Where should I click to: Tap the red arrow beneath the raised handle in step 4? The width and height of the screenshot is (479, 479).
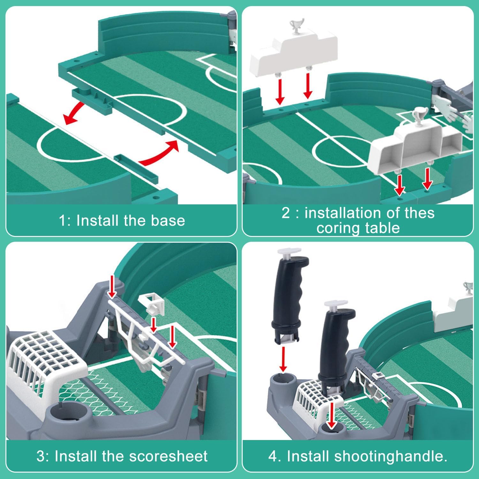click(283, 359)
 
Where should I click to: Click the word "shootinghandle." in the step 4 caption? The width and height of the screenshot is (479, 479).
click(391, 456)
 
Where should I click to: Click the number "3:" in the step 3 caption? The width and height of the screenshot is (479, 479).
click(43, 456)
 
